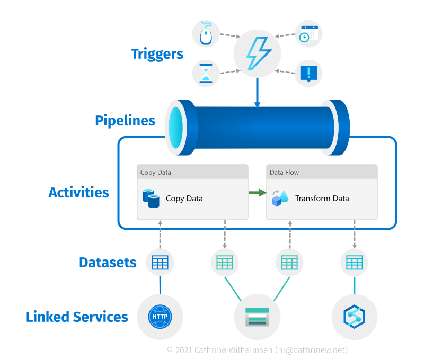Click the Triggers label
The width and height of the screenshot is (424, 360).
pos(157,54)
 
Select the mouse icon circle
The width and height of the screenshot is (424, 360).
pos(206,34)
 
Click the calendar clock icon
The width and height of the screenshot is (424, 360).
pos(308,34)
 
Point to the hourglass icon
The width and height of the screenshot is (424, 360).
pos(206,73)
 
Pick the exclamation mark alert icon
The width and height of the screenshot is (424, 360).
pos(308,73)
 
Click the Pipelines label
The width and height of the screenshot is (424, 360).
pos(125,121)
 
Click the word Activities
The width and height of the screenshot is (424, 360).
pos(78,192)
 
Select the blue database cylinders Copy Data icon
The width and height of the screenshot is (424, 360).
pos(151,199)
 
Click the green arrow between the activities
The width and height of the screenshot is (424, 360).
pos(257,193)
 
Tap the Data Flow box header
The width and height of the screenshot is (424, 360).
pos(322,172)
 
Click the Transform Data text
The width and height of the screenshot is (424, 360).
pos(322,199)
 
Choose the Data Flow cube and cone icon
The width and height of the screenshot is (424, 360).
pos(279,198)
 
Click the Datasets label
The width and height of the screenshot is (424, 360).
pos(108,263)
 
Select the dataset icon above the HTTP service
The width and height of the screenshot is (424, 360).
pos(160,263)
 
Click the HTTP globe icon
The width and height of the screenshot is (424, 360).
pos(160,317)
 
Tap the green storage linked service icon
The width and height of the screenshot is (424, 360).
pos(257,317)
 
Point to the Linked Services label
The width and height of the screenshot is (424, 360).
pos(77,317)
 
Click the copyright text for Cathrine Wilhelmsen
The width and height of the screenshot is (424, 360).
pos(257,350)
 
